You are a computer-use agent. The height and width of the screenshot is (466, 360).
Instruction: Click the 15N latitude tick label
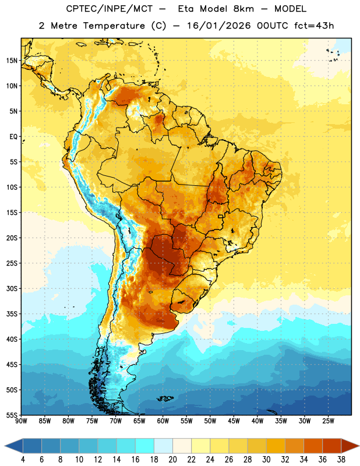click(12, 61)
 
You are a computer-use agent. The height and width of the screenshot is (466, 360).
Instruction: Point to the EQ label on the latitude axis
click(13, 137)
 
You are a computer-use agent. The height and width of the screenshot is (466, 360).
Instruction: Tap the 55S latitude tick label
click(12, 415)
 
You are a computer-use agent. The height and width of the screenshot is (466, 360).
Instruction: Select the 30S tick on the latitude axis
click(12, 288)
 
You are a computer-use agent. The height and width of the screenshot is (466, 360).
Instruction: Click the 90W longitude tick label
click(22, 421)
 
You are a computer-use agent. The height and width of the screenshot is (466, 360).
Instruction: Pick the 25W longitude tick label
click(328, 421)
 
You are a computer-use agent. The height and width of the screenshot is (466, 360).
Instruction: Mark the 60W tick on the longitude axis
click(163, 421)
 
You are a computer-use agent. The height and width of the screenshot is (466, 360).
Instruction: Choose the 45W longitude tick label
click(234, 421)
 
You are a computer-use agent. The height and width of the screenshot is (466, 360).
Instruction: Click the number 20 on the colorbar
click(172, 460)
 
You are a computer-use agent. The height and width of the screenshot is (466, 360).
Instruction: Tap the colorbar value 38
click(341, 460)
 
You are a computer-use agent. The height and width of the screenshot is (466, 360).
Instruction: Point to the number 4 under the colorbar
click(23, 460)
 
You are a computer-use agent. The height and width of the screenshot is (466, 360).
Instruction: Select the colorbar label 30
click(266, 460)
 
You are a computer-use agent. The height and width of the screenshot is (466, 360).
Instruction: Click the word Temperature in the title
click(114, 26)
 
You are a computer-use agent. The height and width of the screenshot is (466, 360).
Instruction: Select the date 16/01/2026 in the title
click(219, 26)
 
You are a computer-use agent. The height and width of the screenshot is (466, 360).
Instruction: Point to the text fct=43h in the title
click(314, 26)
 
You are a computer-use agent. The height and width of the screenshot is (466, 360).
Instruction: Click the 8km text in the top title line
click(243, 9)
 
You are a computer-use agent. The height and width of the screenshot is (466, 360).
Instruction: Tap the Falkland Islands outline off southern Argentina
click(165, 398)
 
